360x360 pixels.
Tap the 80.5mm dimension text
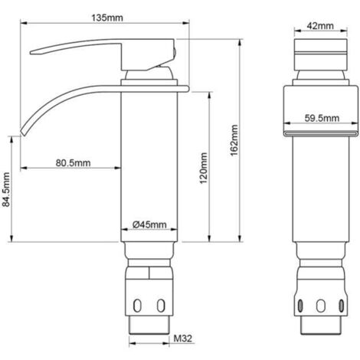(74, 162)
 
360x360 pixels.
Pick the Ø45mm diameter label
(149, 224)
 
